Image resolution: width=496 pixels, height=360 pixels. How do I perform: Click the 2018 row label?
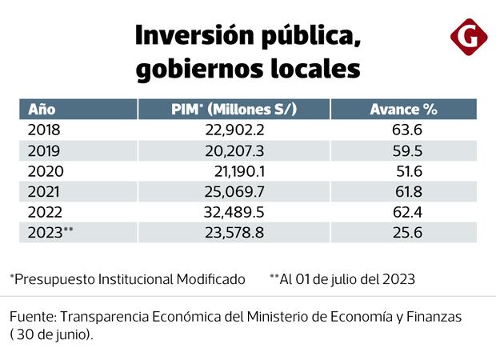(x=44, y=130)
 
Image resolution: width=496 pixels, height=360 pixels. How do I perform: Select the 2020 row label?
(x=45, y=171)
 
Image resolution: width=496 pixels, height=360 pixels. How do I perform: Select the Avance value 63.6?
(x=404, y=130)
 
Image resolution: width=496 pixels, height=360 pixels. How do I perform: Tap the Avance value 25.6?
(x=404, y=234)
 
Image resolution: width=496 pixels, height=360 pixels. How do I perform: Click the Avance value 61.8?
(x=404, y=192)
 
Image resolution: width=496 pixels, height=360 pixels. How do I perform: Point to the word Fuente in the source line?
(x=31, y=317)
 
